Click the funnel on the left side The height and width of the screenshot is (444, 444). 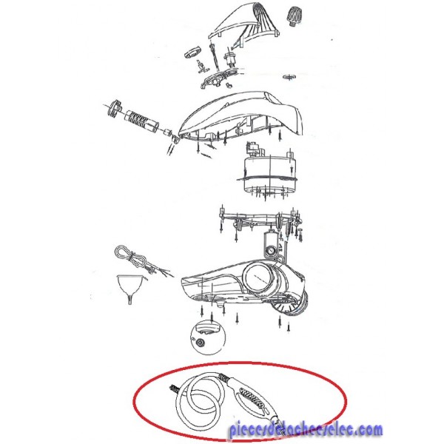(129, 286)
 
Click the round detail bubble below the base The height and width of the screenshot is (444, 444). (208, 337)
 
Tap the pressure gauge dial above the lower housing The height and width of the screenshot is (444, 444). (269, 251)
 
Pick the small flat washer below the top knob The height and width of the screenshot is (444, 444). (289, 76)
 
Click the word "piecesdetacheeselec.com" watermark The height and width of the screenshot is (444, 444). (306, 430)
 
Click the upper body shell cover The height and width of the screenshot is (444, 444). (240, 116)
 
